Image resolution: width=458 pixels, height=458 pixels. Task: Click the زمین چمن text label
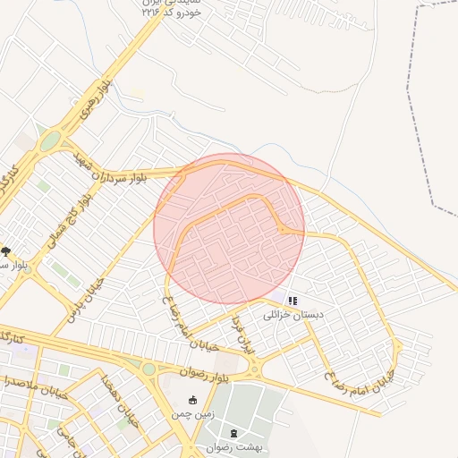[x=193, y=415]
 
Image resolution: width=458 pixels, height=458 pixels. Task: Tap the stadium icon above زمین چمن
[x=193, y=400]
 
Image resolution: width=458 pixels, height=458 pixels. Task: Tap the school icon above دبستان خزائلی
[x=293, y=301]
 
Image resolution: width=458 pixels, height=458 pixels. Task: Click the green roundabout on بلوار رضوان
[x=148, y=369]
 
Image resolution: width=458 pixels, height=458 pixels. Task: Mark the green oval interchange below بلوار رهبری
[x=50, y=140]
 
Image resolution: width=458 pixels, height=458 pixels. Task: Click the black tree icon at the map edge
[x=6, y=252]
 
